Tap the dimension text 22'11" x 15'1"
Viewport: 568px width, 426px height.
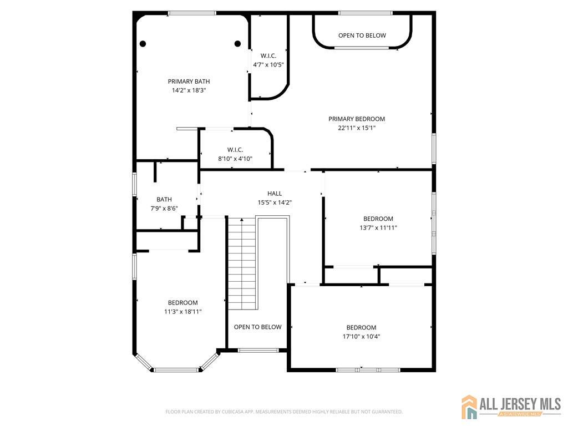pyautogui.click(x=356, y=128)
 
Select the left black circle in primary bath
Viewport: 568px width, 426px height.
pyautogui.click(x=143, y=44)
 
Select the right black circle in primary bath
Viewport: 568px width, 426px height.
pyautogui.click(x=237, y=44)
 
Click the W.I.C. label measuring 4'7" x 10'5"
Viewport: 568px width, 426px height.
pyautogui.click(x=268, y=55)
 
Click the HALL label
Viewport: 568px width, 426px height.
pyautogui.click(x=275, y=194)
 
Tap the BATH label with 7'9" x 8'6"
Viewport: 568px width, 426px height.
pyautogui.click(x=164, y=199)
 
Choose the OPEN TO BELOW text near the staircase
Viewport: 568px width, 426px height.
pyautogui.click(x=257, y=327)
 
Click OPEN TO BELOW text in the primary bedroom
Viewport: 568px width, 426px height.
pyautogui.click(x=362, y=35)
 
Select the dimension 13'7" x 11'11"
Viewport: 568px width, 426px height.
pyautogui.click(x=378, y=227)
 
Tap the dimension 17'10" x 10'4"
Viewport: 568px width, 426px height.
pyautogui.click(x=361, y=336)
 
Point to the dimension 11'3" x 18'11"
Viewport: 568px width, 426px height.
pyautogui.click(x=182, y=312)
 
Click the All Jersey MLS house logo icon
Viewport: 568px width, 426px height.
pyautogui.click(x=469, y=407)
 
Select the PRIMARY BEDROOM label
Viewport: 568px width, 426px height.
pyautogui.click(x=356, y=119)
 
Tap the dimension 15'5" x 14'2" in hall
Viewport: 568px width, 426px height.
pyautogui.click(x=275, y=202)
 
